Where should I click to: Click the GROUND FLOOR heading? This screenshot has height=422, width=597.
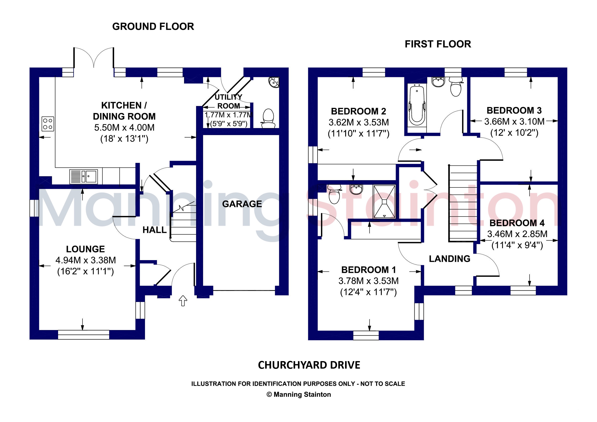click(153, 27)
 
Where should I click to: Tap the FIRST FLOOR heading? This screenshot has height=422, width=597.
click(438, 44)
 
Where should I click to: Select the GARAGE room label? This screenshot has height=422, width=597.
click(242, 204)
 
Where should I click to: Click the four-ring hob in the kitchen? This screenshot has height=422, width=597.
click(48, 124)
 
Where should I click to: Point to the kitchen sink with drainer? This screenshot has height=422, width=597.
click(83, 176)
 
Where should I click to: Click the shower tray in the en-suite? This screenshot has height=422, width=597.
click(384, 201)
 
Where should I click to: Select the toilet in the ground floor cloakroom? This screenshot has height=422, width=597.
click(268, 119)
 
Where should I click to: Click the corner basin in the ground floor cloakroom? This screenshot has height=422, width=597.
click(274, 82)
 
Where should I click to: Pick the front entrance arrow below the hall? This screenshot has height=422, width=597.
click(183, 300)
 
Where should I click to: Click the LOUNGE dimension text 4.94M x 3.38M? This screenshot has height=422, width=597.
click(86, 260)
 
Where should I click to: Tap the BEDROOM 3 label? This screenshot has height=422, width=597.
click(514, 111)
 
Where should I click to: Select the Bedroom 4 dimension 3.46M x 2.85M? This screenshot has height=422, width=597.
click(517, 234)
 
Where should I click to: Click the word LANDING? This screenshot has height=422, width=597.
click(450, 259)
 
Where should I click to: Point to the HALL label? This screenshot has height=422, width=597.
click(155, 230)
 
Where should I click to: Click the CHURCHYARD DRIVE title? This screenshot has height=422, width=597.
click(309, 365)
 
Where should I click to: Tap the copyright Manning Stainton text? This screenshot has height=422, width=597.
click(299, 395)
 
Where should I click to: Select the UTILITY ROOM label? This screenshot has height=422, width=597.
click(229, 101)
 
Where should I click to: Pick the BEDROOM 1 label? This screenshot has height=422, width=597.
click(368, 270)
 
